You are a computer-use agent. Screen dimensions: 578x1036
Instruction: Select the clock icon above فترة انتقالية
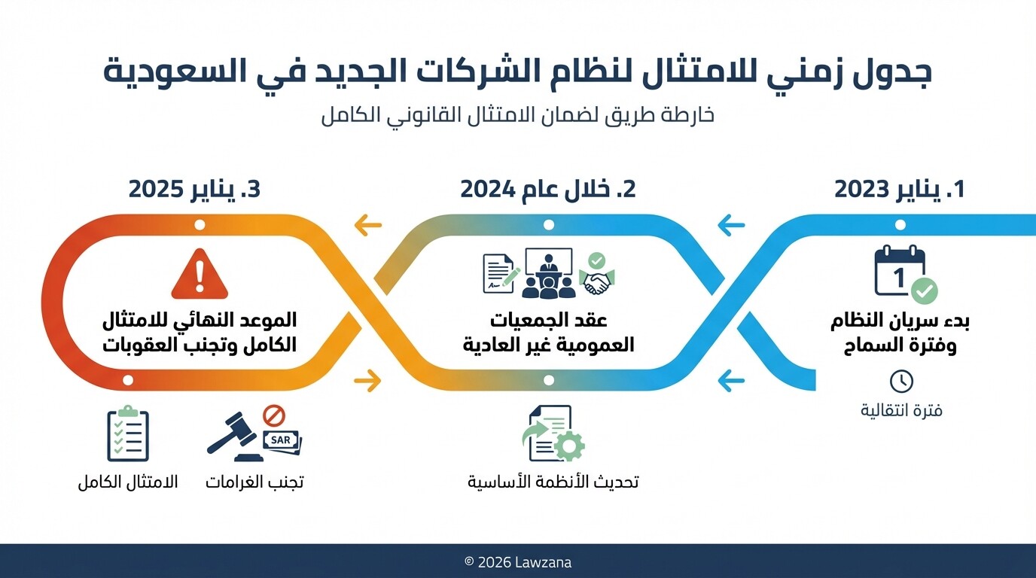click(x=901, y=381)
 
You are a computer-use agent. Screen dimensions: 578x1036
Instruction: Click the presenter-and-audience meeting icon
click(x=548, y=273)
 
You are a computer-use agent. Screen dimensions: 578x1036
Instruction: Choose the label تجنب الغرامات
click(x=254, y=482)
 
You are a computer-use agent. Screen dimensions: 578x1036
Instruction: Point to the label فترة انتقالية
click(x=901, y=411)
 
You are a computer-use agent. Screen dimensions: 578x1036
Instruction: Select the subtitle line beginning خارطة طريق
click(x=517, y=117)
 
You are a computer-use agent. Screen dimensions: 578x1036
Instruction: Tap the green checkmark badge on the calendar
click(x=924, y=291)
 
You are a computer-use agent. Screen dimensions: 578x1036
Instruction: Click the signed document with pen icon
click(x=499, y=272)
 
